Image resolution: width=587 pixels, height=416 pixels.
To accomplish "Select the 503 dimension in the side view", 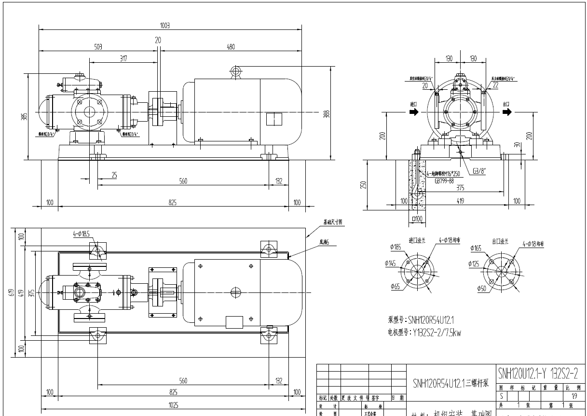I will point(98,46).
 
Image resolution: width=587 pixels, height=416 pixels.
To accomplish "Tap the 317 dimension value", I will point(123,58).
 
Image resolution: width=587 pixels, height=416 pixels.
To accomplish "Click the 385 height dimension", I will point(25,116).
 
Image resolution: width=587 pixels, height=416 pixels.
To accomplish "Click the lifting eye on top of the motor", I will point(236,71).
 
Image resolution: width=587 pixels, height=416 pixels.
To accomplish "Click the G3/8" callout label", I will point(479,170).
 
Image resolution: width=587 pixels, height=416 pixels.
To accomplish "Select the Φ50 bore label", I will point(481,289).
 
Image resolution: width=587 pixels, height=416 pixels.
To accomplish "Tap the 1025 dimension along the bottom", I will point(173,405).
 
